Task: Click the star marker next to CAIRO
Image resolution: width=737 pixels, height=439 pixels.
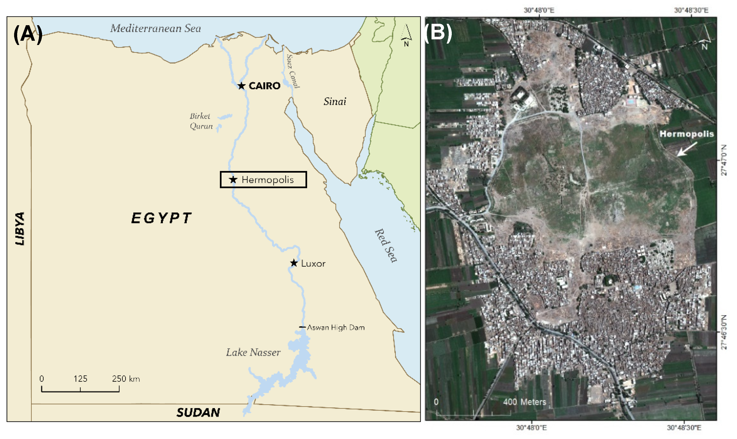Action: click(241, 86)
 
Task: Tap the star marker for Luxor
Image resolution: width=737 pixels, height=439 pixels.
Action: click(294, 263)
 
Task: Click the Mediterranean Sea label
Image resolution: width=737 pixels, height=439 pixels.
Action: click(155, 28)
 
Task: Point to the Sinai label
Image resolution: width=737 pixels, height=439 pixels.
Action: click(335, 102)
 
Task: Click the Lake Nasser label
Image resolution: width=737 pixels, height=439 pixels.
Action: click(253, 352)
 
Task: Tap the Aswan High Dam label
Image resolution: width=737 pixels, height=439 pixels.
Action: click(336, 327)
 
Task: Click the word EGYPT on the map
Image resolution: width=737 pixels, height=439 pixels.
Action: click(162, 218)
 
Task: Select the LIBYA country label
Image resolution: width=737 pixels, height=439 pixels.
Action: click(20, 228)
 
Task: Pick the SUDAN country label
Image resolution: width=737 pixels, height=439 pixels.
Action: click(198, 412)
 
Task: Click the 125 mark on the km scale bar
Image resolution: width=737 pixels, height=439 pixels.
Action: click(80, 379)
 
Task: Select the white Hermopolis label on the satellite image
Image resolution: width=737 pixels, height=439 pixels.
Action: click(686, 134)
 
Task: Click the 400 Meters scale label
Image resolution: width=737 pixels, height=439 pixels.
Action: click(524, 402)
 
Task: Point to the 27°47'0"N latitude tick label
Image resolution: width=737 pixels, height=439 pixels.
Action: click(724, 160)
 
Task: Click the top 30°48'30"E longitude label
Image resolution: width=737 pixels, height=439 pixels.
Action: click(691, 10)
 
